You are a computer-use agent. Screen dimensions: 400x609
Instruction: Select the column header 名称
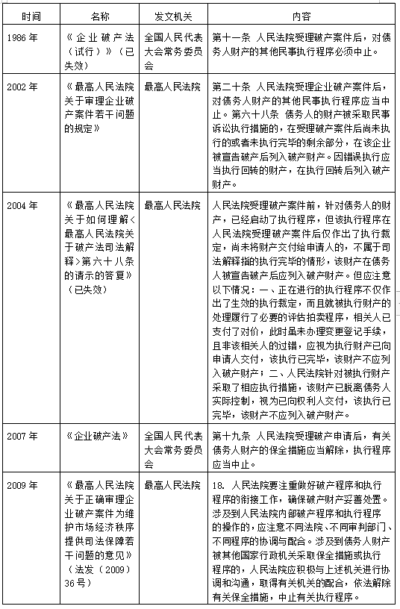pyautogui.click(x=99, y=15)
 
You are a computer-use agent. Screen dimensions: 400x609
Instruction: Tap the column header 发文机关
pyautogui.click(x=169, y=15)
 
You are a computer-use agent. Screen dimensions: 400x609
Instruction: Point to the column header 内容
pyautogui.click(x=301, y=15)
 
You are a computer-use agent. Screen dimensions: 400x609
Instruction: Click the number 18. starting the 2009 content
pyautogui.click(x=219, y=486)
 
